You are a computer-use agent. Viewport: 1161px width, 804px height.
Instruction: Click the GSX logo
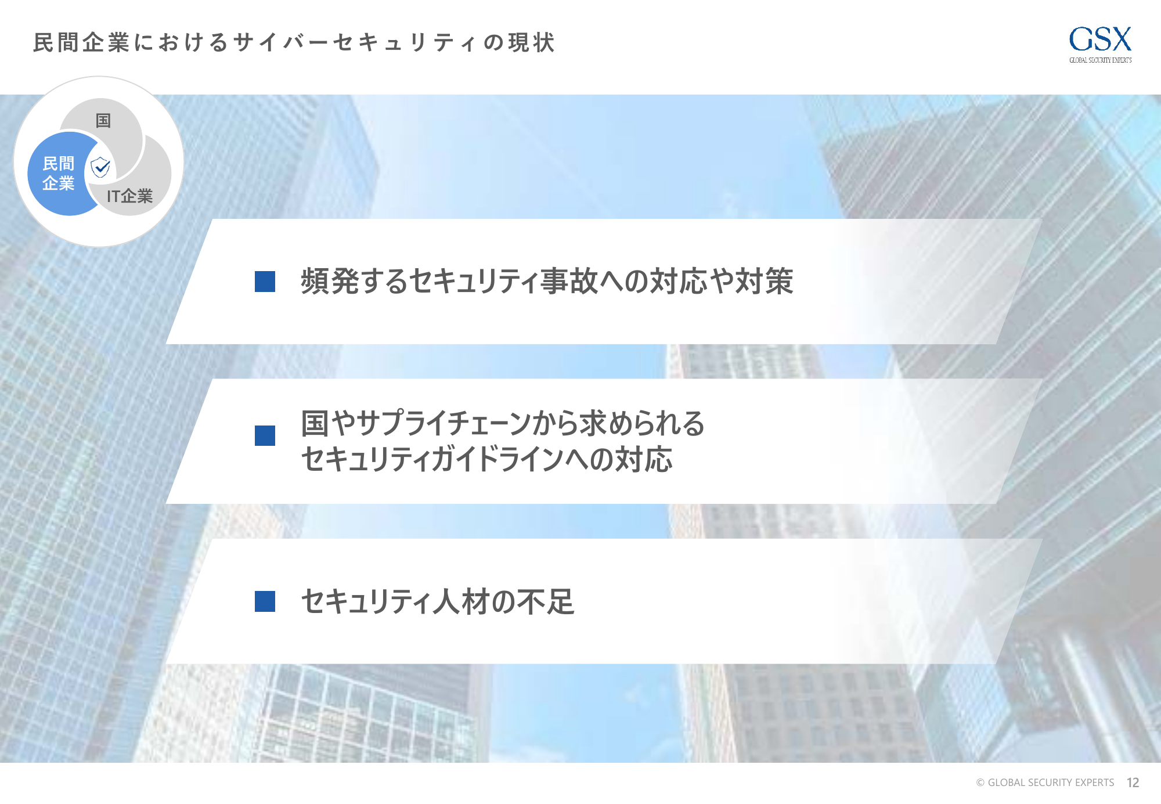(1100, 44)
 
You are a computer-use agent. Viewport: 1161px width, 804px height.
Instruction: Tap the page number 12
(1133, 783)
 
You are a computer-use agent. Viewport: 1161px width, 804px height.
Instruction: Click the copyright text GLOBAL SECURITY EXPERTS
(1051, 783)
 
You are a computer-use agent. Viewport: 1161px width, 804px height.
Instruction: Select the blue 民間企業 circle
(61, 174)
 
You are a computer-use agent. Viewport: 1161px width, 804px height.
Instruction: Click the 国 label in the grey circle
(103, 120)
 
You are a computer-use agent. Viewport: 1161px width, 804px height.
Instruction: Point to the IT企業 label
(129, 196)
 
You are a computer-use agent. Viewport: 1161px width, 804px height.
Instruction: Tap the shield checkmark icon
(101, 167)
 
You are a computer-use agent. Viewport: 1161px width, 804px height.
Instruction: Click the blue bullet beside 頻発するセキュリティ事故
(265, 282)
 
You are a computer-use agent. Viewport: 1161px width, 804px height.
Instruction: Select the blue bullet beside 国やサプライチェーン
(265, 435)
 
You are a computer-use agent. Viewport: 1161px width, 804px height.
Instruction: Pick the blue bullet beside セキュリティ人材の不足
(265, 601)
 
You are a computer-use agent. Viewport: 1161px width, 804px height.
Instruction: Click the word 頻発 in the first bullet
(330, 281)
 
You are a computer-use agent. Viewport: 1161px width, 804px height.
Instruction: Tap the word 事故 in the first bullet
(569, 281)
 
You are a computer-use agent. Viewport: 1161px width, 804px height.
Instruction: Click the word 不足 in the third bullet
(546, 601)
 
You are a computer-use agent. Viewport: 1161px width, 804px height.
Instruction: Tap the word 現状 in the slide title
(531, 42)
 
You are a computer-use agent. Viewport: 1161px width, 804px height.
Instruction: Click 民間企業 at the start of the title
(81, 42)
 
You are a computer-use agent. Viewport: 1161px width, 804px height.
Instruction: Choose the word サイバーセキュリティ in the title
(356, 42)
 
